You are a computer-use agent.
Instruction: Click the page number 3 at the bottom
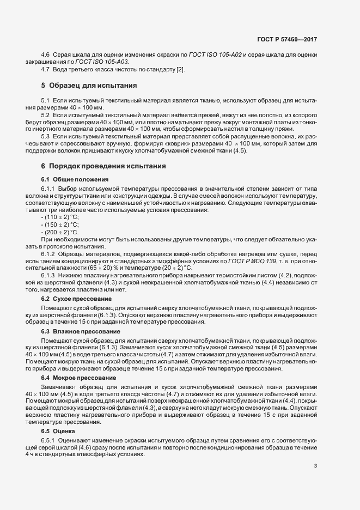(x=316, y=465)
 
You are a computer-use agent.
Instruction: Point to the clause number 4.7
(x=46, y=70)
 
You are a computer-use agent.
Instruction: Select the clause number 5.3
(x=46, y=136)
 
